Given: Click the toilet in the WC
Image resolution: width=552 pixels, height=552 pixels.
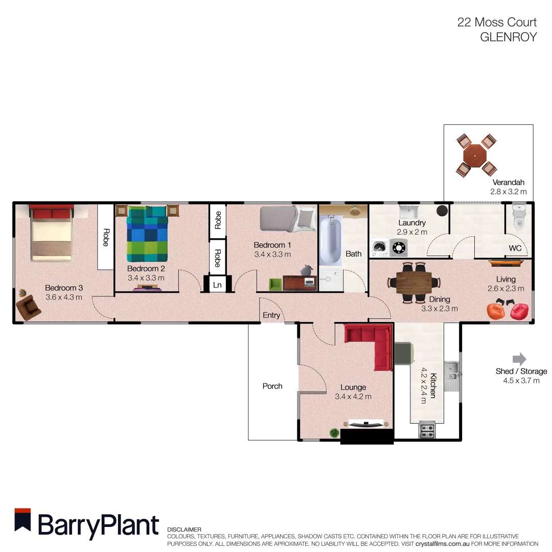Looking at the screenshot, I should (518, 218).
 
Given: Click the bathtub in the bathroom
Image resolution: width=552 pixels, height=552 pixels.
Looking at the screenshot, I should (330, 240).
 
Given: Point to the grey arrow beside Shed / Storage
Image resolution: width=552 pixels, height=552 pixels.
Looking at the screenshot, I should (519, 359).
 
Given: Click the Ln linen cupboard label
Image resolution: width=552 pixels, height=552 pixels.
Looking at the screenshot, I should (217, 285).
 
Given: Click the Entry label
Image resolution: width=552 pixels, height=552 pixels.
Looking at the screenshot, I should (271, 315).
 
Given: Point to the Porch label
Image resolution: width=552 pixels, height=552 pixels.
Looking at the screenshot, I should (272, 386).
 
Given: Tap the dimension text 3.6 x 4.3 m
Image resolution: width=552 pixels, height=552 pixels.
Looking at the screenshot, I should (63, 297).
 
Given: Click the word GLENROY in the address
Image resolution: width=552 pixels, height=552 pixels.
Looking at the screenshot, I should (508, 37).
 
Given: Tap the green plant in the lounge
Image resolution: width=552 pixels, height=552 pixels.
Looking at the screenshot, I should (334, 433).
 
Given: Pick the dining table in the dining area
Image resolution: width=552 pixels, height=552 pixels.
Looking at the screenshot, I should (414, 282).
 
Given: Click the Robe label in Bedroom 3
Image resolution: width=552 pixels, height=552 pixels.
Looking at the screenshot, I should (105, 237).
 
